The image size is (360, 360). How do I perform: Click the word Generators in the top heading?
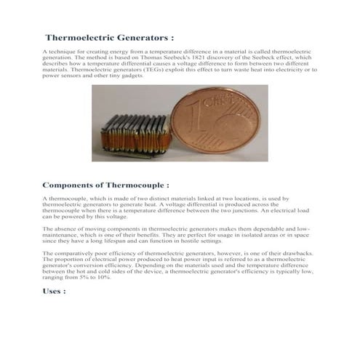tap(138, 37)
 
